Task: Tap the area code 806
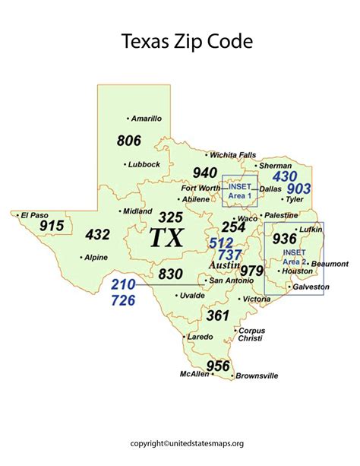[x=129, y=141]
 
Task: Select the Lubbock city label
[x=144, y=163]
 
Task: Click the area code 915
[x=52, y=227]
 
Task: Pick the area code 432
[x=98, y=235]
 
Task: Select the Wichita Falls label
[x=233, y=155]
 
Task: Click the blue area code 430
[x=285, y=176]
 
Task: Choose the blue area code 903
[x=298, y=188]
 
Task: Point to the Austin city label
[x=223, y=268]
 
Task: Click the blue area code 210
[x=123, y=285]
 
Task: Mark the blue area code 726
[x=123, y=300]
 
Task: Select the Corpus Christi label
[x=251, y=335]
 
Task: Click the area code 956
[x=218, y=366]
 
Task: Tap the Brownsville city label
[x=257, y=376]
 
